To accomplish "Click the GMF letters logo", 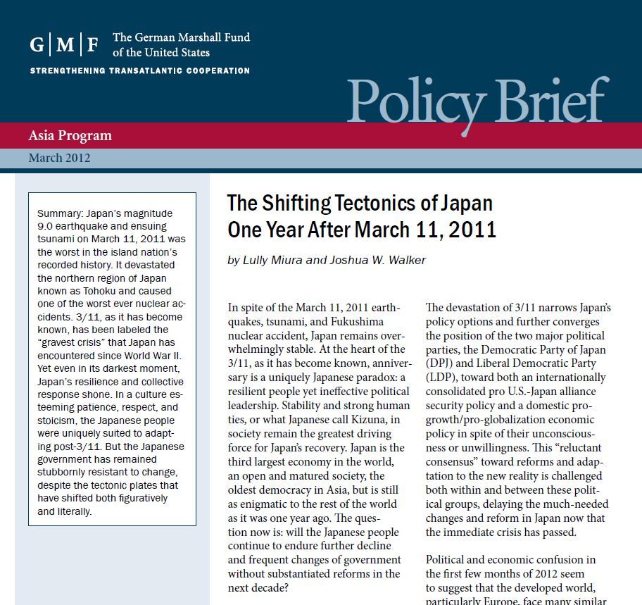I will click(64, 44).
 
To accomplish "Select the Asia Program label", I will click(70, 135).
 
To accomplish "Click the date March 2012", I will click(59, 158).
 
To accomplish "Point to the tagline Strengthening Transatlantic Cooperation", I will click(139, 71).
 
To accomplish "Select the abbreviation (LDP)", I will click(441, 378).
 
